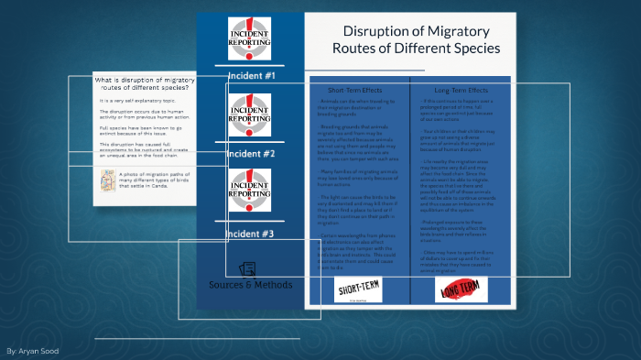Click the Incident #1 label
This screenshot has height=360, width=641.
click(250, 75)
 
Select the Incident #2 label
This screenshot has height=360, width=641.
click(250, 153)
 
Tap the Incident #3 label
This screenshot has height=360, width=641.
click(250, 234)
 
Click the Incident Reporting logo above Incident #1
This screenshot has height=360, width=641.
click(250, 38)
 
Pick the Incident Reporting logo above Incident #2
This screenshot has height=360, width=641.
click(250, 115)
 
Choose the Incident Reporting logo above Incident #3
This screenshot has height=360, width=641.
click(250, 191)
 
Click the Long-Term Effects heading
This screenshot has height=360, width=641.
click(461, 90)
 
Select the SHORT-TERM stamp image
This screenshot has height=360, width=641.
click(359, 290)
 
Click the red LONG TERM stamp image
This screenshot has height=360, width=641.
click(461, 290)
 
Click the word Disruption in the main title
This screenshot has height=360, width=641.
click(375, 30)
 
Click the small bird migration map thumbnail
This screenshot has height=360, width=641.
click(108, 184)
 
